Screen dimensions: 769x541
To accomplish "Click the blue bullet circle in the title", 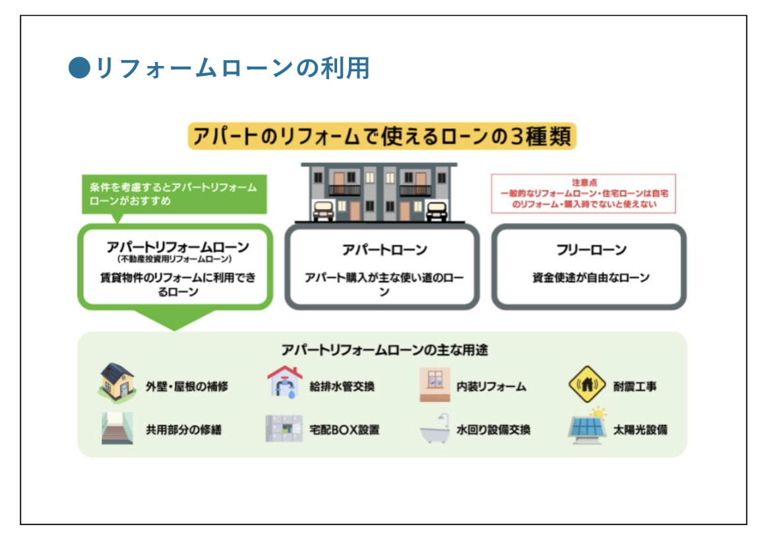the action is point(79,68).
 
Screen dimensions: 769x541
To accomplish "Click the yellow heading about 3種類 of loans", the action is point(382,136).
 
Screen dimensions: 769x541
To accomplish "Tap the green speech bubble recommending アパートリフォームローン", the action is point(174,195).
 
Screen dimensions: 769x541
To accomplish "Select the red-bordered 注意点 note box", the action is point(583,193).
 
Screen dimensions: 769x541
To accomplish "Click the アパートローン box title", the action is point(384,250).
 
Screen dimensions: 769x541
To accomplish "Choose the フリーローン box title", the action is point(591,250).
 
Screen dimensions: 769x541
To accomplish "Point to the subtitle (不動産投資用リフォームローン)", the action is point(174,259).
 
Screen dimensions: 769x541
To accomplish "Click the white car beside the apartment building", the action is point(436,211).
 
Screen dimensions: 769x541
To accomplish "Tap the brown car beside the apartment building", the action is point(323,211).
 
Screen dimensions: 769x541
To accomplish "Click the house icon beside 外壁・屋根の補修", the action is point(117,383).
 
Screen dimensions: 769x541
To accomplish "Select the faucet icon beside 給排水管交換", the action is point(284,382).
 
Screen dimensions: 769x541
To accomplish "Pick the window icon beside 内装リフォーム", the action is point(435,385).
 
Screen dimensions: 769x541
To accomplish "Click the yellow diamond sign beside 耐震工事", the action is point(587,384).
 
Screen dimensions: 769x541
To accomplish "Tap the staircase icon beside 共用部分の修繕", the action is point(117,428).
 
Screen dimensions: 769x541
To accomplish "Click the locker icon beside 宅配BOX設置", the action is point(284,429).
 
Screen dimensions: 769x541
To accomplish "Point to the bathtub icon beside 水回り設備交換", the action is point(435,429).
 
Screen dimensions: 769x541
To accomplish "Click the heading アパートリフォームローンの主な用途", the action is point(384,350).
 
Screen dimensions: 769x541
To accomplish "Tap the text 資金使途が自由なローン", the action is point(591,278).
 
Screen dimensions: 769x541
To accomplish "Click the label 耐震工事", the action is point(634,387).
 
